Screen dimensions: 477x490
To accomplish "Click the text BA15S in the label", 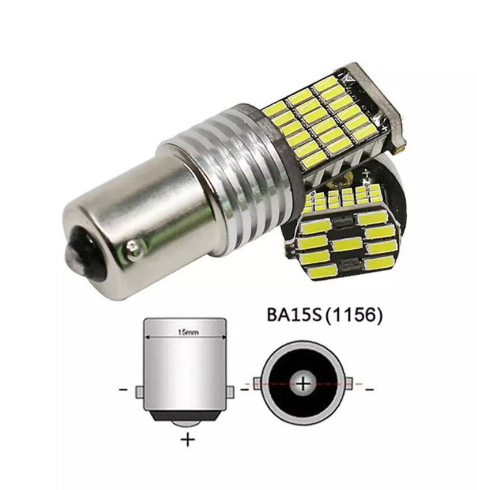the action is pyautogui.click(x=294, y=316).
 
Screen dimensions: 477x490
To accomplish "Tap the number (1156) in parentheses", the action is pyautogui.click(x=353, y=316).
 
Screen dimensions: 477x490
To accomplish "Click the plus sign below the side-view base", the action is pyautogui.click(x=188, y=440).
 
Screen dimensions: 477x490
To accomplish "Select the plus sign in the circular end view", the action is pyautogui.click(x=303, y=383).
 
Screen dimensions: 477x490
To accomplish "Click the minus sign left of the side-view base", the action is pyautogui.click(x=123, y=389).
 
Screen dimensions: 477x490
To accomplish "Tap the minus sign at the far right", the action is pyautogui.click(x=369, y=389).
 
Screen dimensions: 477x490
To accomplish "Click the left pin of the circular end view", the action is pyautogui.click(x=257, y=383).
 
